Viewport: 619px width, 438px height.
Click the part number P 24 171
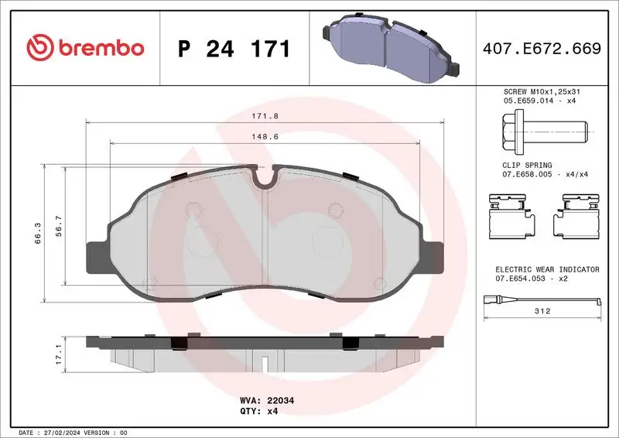pyautogui.click(x=234, y=49)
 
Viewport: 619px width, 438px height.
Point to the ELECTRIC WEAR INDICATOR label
pyautogui.click(x=547, y=269)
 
